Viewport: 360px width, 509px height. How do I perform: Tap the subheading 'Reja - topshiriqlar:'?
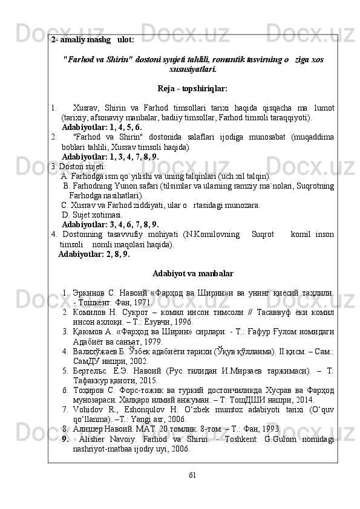pyautogui.click(x=192, y=89)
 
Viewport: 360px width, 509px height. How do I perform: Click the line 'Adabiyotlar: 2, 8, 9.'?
pyautogui.click(x=94, y=254)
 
